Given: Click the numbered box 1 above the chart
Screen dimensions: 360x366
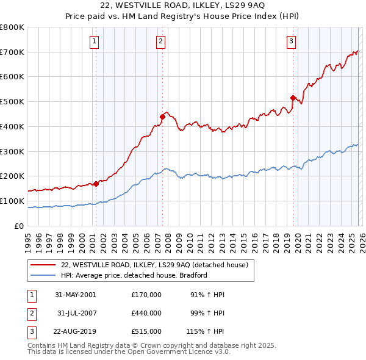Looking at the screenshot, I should pos(95,41).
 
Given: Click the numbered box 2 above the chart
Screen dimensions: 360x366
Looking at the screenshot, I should pos(160,41).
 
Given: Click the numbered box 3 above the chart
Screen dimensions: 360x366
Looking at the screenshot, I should pos(291,41).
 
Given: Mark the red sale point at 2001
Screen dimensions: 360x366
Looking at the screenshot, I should pos(96,183).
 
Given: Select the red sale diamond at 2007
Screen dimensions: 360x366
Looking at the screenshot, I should pos(163,116).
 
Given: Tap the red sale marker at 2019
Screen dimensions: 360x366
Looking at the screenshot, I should pos(293,98).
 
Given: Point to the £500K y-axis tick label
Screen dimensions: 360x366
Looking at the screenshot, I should pos(12,101).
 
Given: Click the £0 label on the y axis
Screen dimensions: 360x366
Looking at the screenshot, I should pos(20,226).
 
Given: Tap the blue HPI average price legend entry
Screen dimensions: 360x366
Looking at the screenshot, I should pos(134,275).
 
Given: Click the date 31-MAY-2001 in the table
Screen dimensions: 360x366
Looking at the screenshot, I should pos(75,295).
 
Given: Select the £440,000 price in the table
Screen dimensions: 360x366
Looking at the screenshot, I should pos(146,313).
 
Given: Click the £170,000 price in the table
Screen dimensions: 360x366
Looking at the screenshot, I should pos(146,295).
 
